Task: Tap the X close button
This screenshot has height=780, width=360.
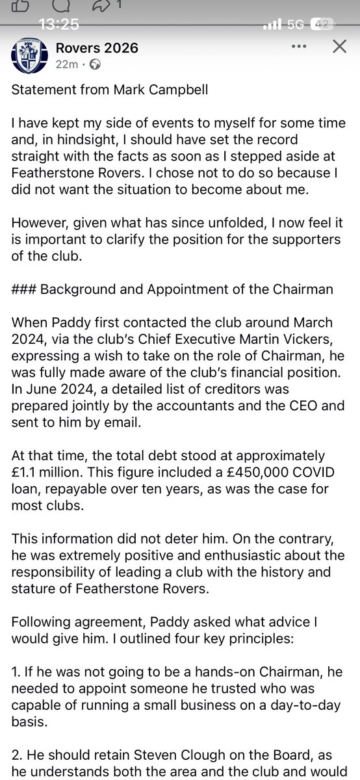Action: click(x=339, y=47)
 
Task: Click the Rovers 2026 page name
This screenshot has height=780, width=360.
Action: click(x=96, y=48)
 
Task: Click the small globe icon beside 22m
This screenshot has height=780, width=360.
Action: click(x=94, y=64)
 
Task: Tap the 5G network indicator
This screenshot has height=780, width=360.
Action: click(x=296, y=25)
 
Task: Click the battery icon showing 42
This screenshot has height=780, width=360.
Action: click(x=323, y=25)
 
